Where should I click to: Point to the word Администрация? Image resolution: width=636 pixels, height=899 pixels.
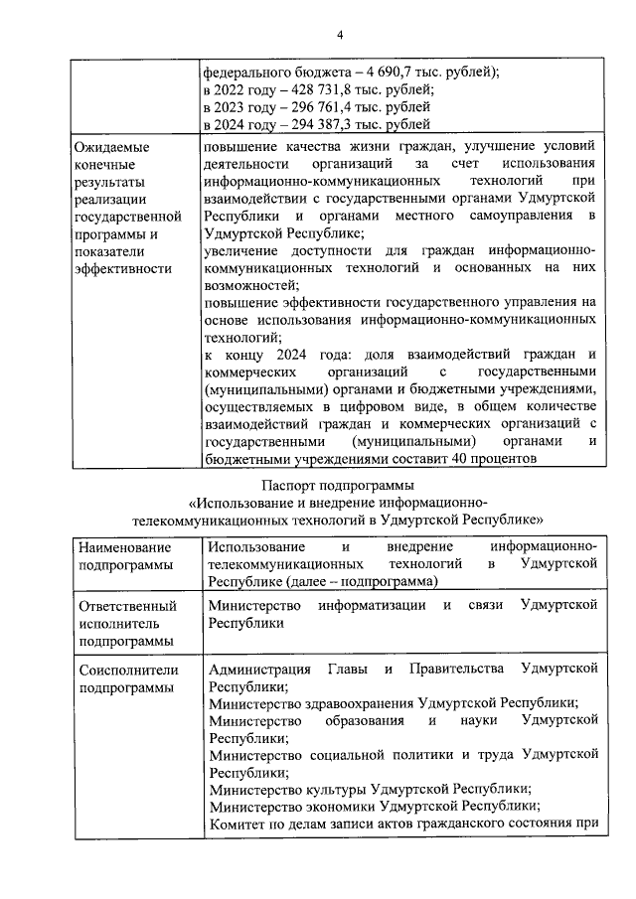[258, 669]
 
